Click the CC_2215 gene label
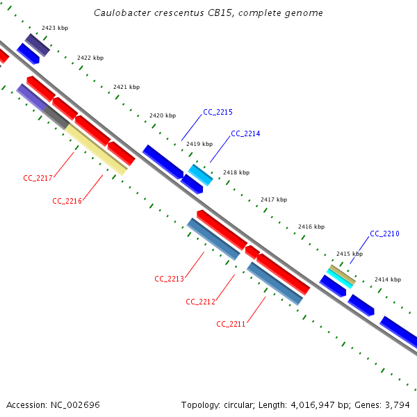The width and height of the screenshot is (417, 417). tap(218, 112)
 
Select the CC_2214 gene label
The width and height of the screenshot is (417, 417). tap(245, 133)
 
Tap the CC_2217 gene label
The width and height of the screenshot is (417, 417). tap(38, 179)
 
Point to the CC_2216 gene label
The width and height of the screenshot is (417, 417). tap(67, 201)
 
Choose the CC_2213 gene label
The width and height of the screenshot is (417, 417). tap(169, 279)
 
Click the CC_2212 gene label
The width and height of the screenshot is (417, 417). tap(200, 302)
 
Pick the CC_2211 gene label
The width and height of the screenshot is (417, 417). tap(231, 324)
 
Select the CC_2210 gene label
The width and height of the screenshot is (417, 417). tap(384, 234)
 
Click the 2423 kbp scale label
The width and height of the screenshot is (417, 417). tap(54, 28)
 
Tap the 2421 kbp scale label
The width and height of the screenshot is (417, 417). tap(126, 87)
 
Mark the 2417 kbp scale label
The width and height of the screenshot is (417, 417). tap(274, 199)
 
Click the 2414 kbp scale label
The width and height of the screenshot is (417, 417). tap(388, 279)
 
